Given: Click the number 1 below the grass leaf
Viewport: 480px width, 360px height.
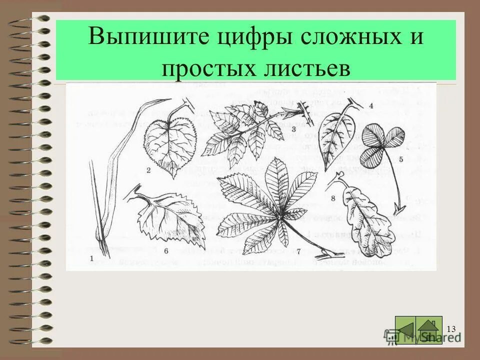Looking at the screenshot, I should click(91, 258).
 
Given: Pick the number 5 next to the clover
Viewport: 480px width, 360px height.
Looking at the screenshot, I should click(400, 159).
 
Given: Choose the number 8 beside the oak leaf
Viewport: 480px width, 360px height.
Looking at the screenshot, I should click(332, 198).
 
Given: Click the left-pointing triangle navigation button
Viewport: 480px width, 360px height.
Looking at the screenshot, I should click(405, 329).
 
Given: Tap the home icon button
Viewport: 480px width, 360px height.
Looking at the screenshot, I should click(429, 330).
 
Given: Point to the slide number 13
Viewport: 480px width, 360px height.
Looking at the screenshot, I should click(451, 328).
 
